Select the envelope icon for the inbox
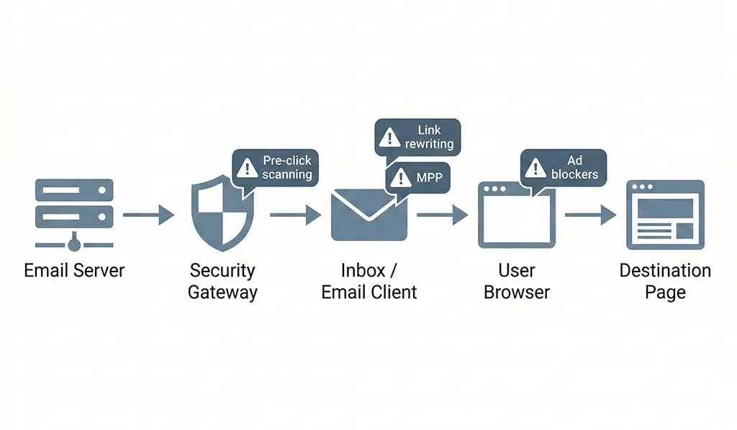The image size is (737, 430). click(368, 215)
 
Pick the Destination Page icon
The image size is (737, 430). click(665, 215)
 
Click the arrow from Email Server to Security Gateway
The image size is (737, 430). click(148, 215)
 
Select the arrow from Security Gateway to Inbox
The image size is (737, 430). click(295, 215)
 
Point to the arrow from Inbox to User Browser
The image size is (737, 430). click(442, 215)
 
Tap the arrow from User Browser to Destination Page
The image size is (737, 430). click(590, 215)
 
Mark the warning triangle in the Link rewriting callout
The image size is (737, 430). click(389, 137)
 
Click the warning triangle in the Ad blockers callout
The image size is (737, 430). click(535, 168)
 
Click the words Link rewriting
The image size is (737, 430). click(429, 137)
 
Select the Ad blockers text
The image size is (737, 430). click(574, 168)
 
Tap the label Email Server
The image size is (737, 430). click(74, 271)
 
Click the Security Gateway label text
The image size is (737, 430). click(222, 282)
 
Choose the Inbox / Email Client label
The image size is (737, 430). click(369, 282)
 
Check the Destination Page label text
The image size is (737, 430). click(665, 282)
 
